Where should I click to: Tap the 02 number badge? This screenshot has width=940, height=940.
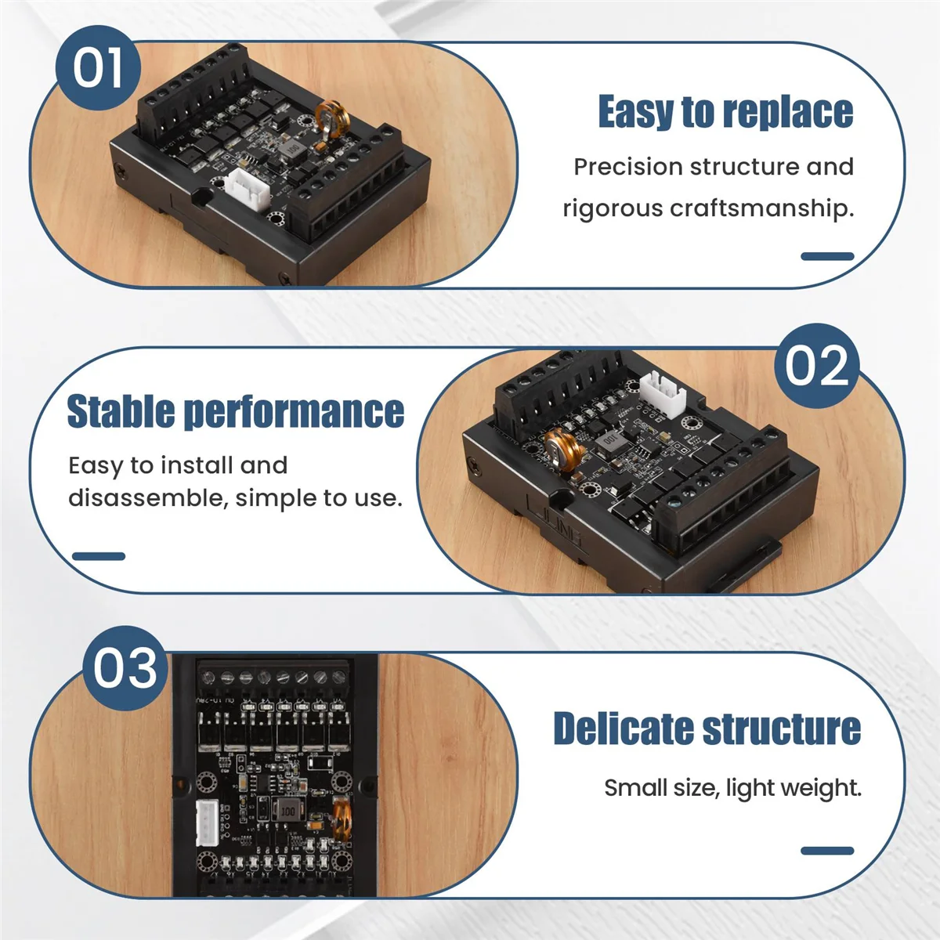(x=816, y=366)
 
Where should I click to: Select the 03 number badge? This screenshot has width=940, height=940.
(x=125, y=668)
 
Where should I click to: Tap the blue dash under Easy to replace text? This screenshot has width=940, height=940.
(x=827, y=256)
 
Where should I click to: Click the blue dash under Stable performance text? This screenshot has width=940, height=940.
(x=99, y=556)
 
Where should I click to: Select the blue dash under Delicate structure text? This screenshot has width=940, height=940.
(x=827, y=851)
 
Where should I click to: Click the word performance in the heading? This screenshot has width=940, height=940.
(x=294, y=411)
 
